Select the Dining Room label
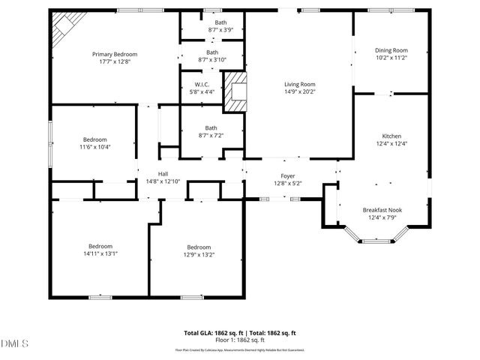(391, 50)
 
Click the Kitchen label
(391, 136)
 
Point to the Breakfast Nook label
(382, 210)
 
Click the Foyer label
(288, 175)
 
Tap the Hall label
(163, 172)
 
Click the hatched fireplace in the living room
(238, 91)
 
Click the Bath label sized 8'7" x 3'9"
(220, 22)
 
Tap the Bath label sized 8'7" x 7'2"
(211, 127)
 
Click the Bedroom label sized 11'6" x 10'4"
(95, 139)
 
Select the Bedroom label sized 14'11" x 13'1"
(100, 246)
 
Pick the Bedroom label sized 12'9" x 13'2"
(199, 247)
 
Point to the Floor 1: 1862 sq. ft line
(240, 340)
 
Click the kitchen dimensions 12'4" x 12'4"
(391, 144)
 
